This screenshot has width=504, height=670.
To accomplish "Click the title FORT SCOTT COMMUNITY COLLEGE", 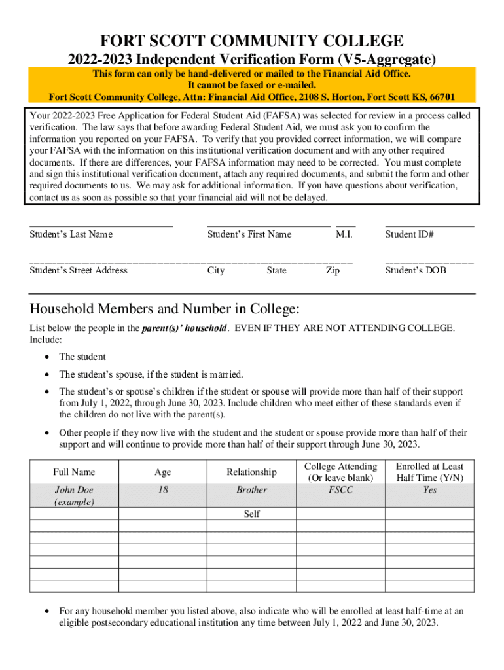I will coord(252,41).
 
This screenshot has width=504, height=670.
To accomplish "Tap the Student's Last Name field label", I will coord(71,234).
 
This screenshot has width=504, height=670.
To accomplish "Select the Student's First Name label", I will coord(249,234).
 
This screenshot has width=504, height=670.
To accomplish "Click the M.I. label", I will coord(344,234).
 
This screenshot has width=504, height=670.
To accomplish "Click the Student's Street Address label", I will coord(79,270).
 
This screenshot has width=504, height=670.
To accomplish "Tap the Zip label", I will coord(333,270).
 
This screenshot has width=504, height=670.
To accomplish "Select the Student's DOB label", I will coord(416,270).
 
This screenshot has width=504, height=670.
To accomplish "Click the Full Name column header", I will coord(74,472).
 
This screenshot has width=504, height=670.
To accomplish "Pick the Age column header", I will coord(162,472).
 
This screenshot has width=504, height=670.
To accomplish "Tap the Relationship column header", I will coord(251,472).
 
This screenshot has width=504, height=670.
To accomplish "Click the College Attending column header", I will coord(340,472).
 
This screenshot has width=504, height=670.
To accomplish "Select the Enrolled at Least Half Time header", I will coord(429,472).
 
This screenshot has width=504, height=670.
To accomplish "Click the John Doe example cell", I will coord(74,495).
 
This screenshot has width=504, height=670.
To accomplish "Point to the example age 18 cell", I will coord(162,489).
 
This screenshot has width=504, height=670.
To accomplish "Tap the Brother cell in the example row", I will coord(251,489).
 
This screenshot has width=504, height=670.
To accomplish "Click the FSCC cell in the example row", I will coord(340,489).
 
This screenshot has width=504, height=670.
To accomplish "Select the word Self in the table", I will coord(251,514).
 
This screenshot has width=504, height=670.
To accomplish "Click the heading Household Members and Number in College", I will coord(164,308).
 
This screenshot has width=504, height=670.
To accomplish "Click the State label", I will coord(276,270).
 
